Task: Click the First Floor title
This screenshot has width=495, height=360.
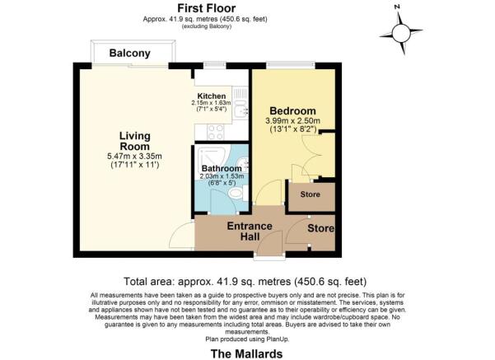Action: pyautogui.click(x=206, y=8)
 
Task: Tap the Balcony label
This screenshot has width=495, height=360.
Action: pyautogui.click(x=130, y=53)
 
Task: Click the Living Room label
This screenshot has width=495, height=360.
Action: pyautogui.click(x=134, y=141)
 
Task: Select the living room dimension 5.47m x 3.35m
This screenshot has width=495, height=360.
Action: pyautogui.click(x=135, y=156)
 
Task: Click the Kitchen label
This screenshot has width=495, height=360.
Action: pyautogui.click(x=212, y=96)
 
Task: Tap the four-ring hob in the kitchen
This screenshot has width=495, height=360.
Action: pyautogui.click(x=216, y=132)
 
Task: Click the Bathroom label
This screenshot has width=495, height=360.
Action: pyautogui.click(x=222, y=168)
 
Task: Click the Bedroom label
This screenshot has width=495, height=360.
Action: pyautogui.click(x=292, y=111)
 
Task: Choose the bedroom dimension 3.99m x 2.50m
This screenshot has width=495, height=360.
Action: pyautogui.click(x=293, y=121)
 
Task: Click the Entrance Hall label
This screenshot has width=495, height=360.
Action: pyautogui.click(x=250, y=231)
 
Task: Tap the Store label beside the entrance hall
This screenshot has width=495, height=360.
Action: pyautogui.click(x=321, y=228)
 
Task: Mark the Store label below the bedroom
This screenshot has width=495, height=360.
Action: pyautogui.click(x=310, y=194)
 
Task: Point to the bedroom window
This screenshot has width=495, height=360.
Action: pyautogui.click(x=291, y=65)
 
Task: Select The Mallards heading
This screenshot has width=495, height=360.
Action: pyautogui.click(x=246, y=353)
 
